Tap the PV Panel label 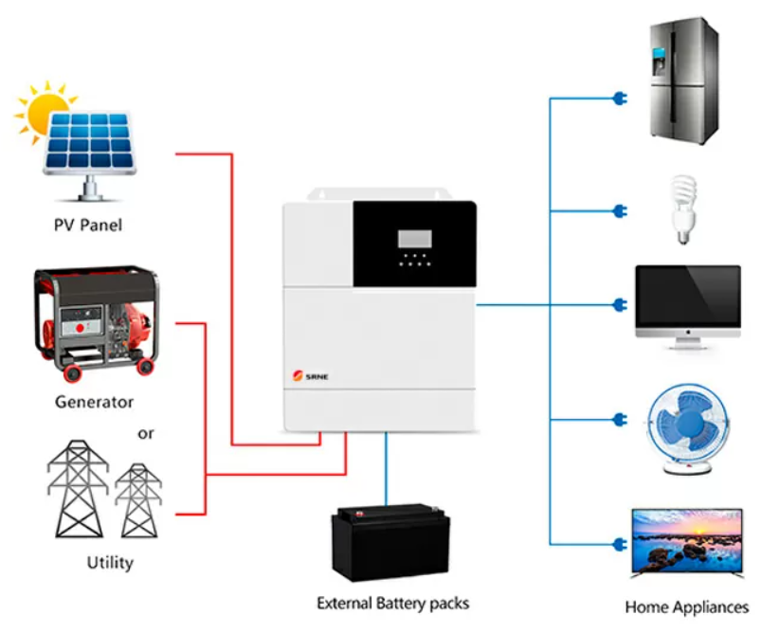pyautogui.click(x=87, y=226)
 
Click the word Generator pyautogui.click(x=94, y=402)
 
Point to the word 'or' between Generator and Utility pyautogui.click(x=145, y=434)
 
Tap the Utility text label pyautogui.click(x=110, y=563)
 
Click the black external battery pyautogui.click(x=391, y=543)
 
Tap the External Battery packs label pyautogui.click(x=392, y=603)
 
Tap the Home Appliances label pyautogui.click(x=686, y=606)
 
